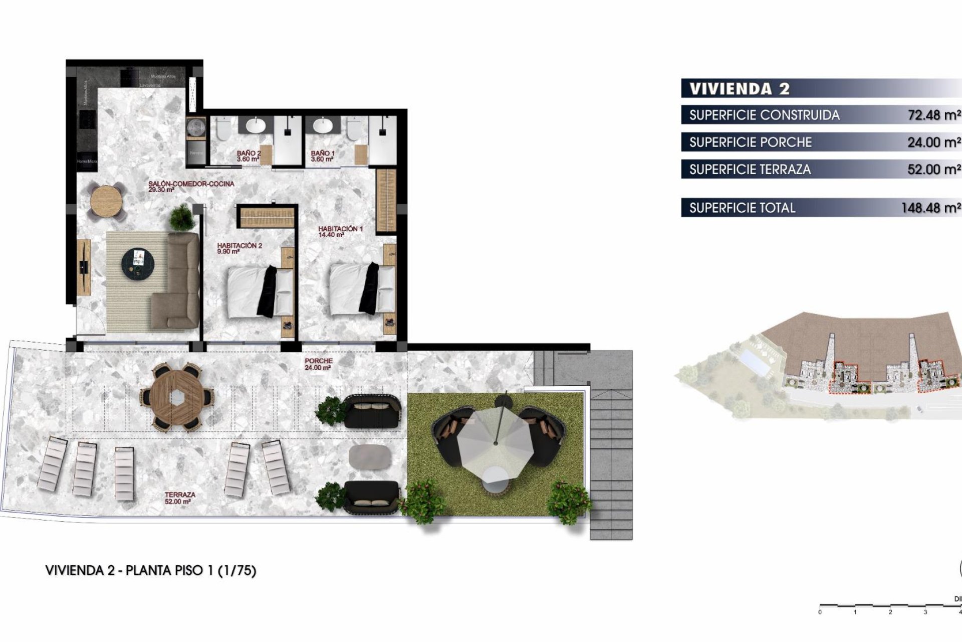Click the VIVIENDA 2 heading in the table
pos(739,89)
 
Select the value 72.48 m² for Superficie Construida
pos(933,115)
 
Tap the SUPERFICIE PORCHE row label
pos(750,142)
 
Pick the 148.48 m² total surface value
pos(930,208)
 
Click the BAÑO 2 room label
pos(249,156)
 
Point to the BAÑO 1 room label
pos(322,156)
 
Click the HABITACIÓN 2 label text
pos(239,248)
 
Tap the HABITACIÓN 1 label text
pos(340,231)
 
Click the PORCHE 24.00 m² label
pos(318,364)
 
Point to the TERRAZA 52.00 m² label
pos(180,498)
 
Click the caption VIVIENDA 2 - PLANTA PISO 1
pos(150,571)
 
